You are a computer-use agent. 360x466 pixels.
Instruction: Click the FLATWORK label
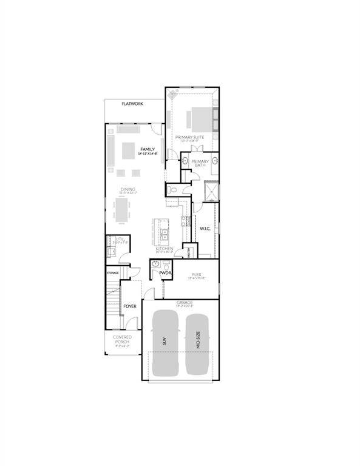(x=132, y=104)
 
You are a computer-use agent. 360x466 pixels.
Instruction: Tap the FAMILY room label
(x=147, y=149)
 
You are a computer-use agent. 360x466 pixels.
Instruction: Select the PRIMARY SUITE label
(x=189, y=137)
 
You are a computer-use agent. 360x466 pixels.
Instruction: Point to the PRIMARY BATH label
(x=200, y=163)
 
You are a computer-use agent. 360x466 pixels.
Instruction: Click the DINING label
(x=127, y=190)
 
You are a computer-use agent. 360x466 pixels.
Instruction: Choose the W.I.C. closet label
(x=205, y=228)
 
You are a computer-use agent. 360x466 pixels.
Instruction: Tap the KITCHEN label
(x=164, y=249)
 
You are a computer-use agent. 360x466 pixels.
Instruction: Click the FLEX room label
(x=196, y=275)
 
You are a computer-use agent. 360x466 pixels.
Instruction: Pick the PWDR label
(x=165, y=274)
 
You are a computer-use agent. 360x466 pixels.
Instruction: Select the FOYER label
(x=130, y=306)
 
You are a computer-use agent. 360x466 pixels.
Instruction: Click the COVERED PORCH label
(x=122, y=339)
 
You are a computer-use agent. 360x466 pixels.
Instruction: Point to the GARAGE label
(x=185, y=302)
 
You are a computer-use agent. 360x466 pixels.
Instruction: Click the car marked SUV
(x=165, y=342)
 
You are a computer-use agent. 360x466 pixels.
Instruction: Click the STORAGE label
(x=113, y=272)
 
